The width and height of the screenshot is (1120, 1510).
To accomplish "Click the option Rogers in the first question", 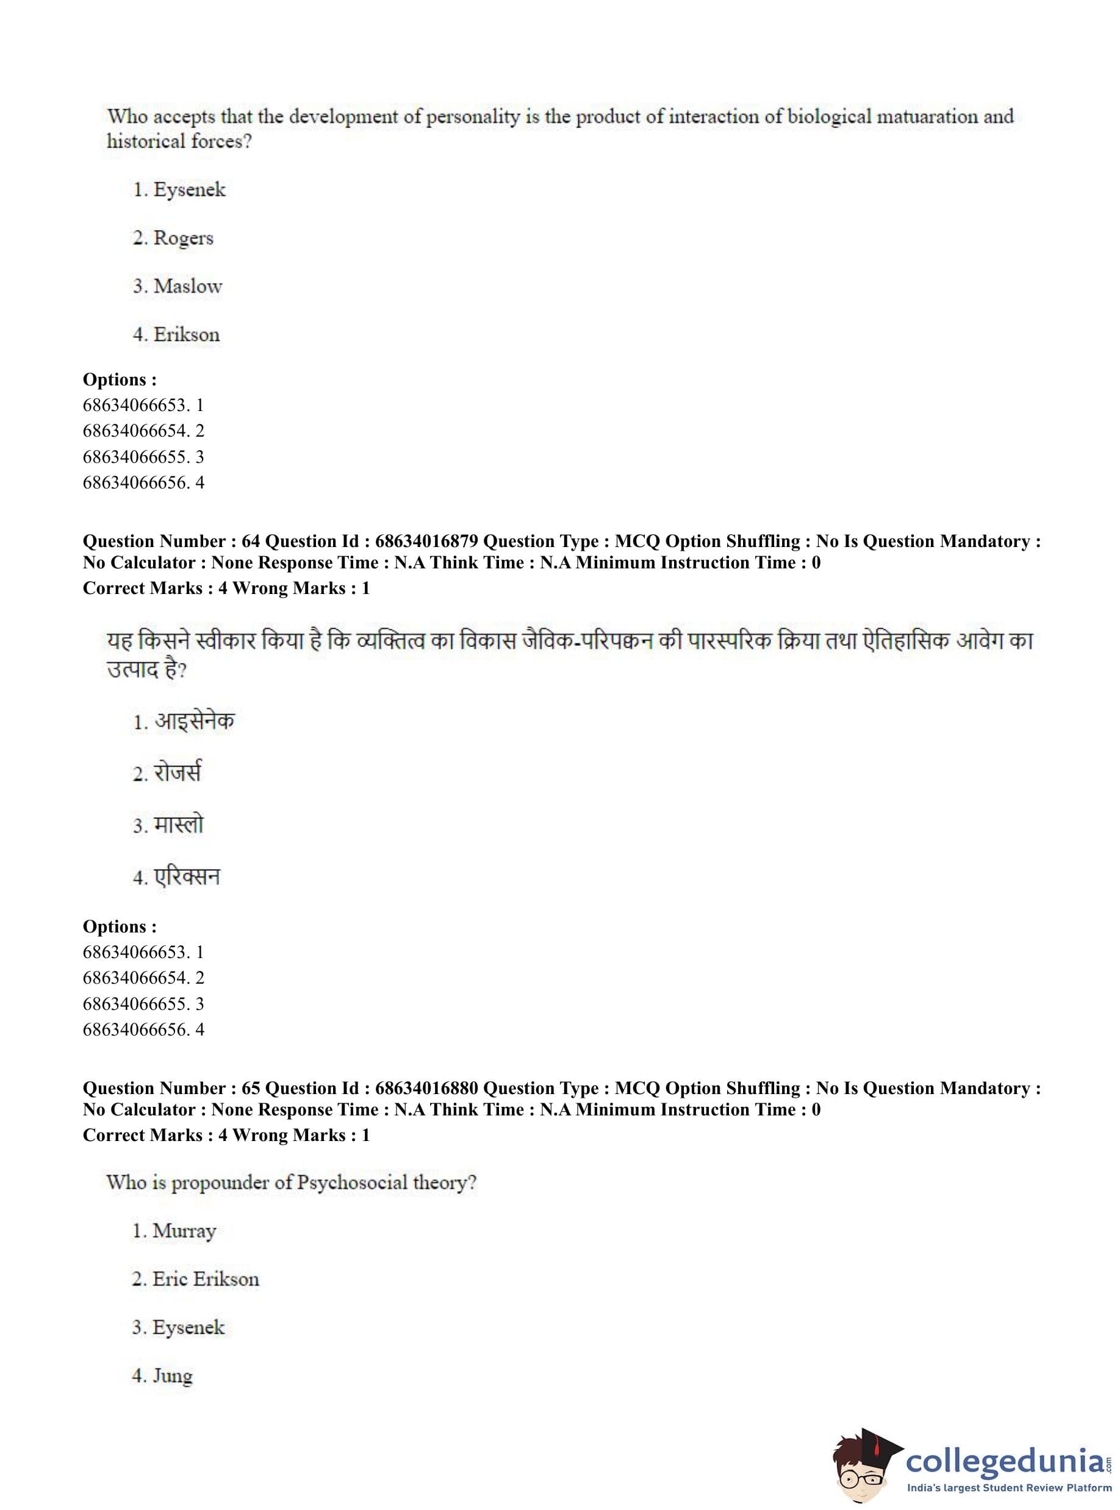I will pos(183,238).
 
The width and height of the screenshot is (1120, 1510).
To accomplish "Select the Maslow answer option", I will pos(188,286).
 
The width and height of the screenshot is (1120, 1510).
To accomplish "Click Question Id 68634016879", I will pos(426,541).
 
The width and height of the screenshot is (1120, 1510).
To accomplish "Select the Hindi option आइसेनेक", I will pos(194,720).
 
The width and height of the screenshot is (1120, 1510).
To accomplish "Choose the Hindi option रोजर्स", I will pos(177,773).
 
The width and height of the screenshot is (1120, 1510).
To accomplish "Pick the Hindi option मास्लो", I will pos(178,825).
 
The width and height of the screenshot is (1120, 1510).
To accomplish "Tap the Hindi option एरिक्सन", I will pos(187,877).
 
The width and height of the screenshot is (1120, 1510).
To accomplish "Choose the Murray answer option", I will pos(184,1231).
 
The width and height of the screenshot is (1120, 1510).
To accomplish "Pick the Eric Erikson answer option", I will pos(206,1279).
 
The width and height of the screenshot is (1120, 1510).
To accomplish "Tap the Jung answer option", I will pos(172,1375).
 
